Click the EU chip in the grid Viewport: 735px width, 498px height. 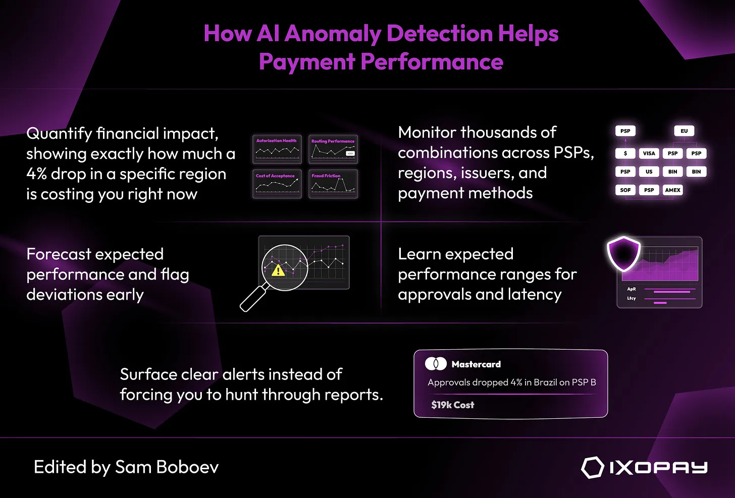(684, 131)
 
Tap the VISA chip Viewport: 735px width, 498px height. (649, 153)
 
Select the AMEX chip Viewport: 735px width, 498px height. (672, 190)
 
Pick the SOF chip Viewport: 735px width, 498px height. (625, 190)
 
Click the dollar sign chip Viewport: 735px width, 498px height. (625, 153)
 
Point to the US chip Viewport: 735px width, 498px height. (649, 172)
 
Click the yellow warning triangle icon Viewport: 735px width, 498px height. (278, 271)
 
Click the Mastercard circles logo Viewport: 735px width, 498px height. (436, 364)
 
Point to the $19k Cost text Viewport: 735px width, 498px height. (452, 405)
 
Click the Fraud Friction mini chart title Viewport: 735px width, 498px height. (326, 176)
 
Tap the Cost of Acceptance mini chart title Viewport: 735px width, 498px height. (275, 176)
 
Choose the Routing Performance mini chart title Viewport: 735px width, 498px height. (333, 141)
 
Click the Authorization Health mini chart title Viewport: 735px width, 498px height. (276, 141)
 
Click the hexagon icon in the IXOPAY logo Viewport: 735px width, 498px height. (592, 468)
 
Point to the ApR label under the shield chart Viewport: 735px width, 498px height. (631, 289)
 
